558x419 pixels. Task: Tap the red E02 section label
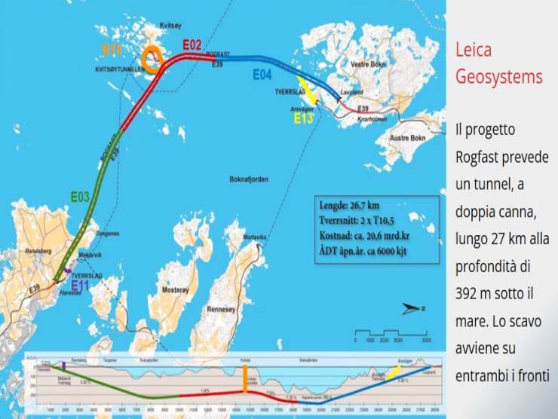tap(192, 45)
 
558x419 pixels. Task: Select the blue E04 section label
tap(262, 75)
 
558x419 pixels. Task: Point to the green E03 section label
tap(80, 197)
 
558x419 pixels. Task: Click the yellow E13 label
tap(304, 118)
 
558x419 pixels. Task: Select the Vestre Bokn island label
tap(368, 65)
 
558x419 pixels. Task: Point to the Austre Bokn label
tap(407, 139)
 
